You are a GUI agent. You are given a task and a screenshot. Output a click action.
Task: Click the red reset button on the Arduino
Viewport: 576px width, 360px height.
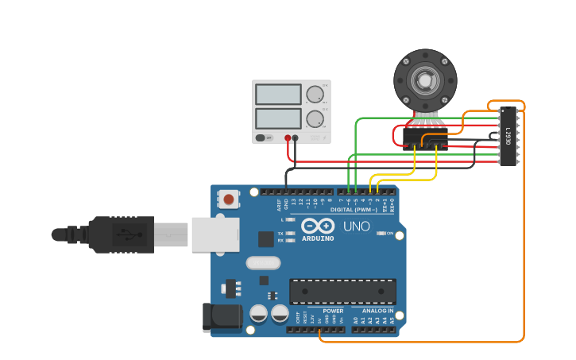click(x=229, y=199)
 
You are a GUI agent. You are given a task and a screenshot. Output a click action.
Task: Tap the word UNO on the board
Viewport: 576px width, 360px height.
click(x=357, y=226)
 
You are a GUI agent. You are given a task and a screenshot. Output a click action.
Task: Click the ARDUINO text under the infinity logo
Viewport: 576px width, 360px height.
click(x=318, y=238)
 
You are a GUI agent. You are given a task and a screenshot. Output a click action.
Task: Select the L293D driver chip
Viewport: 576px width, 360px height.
click(x=508, y=137)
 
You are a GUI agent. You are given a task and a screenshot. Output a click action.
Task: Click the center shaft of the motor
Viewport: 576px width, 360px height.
click(x=425, y=80)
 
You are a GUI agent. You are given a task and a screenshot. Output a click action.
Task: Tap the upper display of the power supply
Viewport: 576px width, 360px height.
click(x=278, y=94)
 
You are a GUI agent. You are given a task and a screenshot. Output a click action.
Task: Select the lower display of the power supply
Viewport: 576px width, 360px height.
click(x=278, y=119)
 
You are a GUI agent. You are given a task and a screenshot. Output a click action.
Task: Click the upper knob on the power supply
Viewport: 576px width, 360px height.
click(x=315, y=94)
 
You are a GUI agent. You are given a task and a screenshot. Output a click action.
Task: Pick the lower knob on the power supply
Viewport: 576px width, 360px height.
click(x=315, y=119)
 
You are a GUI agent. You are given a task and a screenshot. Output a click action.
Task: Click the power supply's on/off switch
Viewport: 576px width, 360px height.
click(x=263, y=137)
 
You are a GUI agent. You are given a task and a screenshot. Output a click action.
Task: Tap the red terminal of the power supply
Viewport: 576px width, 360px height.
click(x=288, y=137)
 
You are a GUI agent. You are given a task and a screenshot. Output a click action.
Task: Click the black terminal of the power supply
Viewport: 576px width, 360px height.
click(x=296, y=137)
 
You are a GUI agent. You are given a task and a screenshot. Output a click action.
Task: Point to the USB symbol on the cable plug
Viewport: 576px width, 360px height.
click(x=123, y=234)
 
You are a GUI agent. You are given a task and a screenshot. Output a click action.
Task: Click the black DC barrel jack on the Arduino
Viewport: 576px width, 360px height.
click(x=221, y=318)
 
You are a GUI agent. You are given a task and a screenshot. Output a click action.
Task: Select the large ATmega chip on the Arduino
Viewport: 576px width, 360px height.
click(x=342, y=291)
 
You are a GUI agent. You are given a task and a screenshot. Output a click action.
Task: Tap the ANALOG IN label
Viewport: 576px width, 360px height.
click(x=378, y=311)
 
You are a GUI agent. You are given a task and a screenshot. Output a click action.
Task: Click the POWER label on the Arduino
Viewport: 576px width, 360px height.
click(x=333, y=311)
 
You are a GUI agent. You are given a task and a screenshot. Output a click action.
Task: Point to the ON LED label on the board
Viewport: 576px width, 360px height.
click(x=390, y=233)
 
